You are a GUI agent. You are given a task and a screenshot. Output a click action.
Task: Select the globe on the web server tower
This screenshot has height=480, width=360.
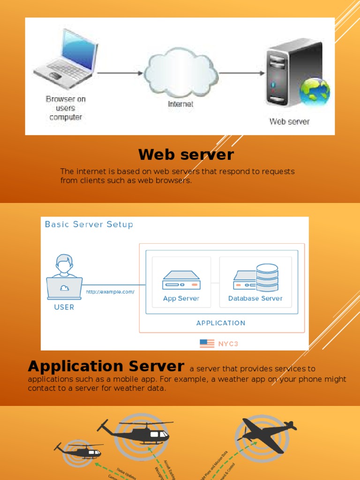click(315, 91)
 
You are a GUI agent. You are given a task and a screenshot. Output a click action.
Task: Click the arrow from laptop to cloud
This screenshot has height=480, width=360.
click(120, 73)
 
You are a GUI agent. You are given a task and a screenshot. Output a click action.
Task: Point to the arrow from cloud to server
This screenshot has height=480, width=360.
click(241, 73)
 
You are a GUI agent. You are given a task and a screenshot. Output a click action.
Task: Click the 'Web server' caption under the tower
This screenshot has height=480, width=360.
click(289, 121)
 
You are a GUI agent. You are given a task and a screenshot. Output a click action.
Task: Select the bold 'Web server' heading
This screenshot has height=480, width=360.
click(186, 154)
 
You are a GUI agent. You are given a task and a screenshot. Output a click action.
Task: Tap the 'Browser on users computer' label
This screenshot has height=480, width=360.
click(66, 108)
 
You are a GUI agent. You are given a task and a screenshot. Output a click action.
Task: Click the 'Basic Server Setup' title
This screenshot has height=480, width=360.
click(89, 224)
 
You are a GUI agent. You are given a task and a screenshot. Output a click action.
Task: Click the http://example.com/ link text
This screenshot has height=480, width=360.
click(110, 292)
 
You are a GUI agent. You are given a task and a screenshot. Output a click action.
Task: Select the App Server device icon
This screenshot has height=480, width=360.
click(181, 281)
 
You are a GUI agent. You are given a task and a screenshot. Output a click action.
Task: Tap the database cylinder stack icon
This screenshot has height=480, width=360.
click(267, 277)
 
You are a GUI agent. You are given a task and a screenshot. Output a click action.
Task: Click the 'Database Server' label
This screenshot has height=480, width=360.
click(255, 298)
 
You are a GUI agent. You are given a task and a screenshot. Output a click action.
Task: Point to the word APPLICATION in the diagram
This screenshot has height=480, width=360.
click(221, 323)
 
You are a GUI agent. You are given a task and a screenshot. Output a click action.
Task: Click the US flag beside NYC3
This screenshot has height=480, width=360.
click(207, 343)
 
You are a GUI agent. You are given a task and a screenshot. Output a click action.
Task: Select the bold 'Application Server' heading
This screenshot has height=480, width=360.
click(106, 366)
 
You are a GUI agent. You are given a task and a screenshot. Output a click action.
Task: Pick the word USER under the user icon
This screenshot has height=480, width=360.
click(64, 307)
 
